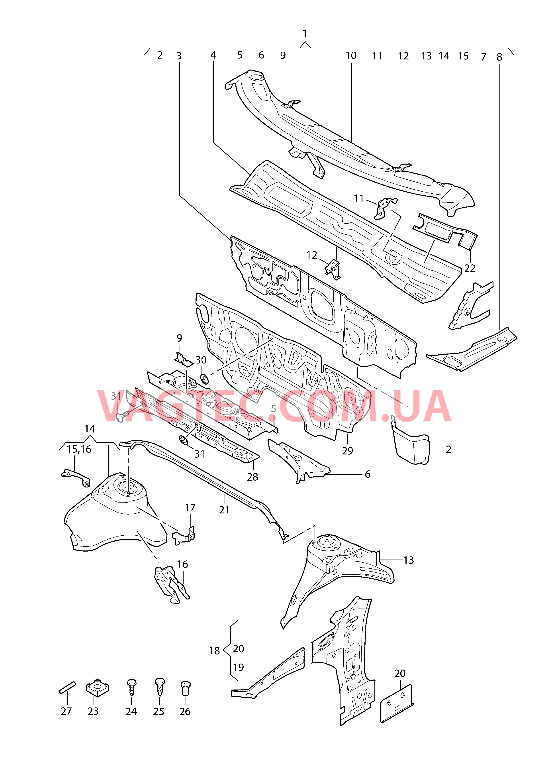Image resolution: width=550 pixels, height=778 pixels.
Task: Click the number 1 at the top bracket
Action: coord(305,33)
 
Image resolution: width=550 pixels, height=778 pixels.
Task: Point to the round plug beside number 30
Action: coord(204,379)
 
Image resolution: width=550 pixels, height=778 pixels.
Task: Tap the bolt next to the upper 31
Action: coord(123,417)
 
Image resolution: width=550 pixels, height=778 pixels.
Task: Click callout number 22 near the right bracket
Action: coord(470,268)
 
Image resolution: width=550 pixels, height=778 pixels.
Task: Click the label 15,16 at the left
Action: coord(79,449)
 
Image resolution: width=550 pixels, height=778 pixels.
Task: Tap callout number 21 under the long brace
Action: coord(224,510)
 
